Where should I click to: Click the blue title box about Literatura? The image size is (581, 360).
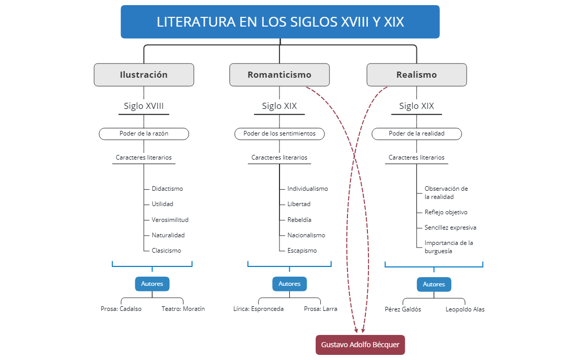[280, 22]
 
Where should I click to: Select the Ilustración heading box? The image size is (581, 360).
[144, 75]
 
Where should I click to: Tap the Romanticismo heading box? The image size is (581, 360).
[279, 75]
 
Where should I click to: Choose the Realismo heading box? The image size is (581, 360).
[416, 75]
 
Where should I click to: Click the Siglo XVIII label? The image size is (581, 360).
[144, 106]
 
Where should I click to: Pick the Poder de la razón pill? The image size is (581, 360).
[144, 133]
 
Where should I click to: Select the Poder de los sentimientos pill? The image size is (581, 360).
[279, 133]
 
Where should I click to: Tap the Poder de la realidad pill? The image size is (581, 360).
[416, 133]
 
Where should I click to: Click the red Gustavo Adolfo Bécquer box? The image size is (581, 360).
[360, 345]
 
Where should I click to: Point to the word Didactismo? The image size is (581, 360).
[167, 189]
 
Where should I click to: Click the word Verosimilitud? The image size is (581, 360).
[170, 220]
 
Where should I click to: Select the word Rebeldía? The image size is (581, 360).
[299, 220]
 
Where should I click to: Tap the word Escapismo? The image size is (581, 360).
[302, 251]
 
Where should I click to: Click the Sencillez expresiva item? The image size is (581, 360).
[450, 228]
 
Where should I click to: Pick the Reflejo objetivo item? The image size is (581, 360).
[446, 212]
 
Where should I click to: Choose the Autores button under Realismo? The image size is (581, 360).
[434, 284]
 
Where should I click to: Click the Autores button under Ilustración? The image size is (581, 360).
[152, 284]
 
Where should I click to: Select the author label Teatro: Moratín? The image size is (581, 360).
[183, 309]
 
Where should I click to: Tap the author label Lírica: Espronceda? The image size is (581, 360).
[258, 309]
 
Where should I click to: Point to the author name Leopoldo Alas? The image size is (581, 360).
[465, 309]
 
